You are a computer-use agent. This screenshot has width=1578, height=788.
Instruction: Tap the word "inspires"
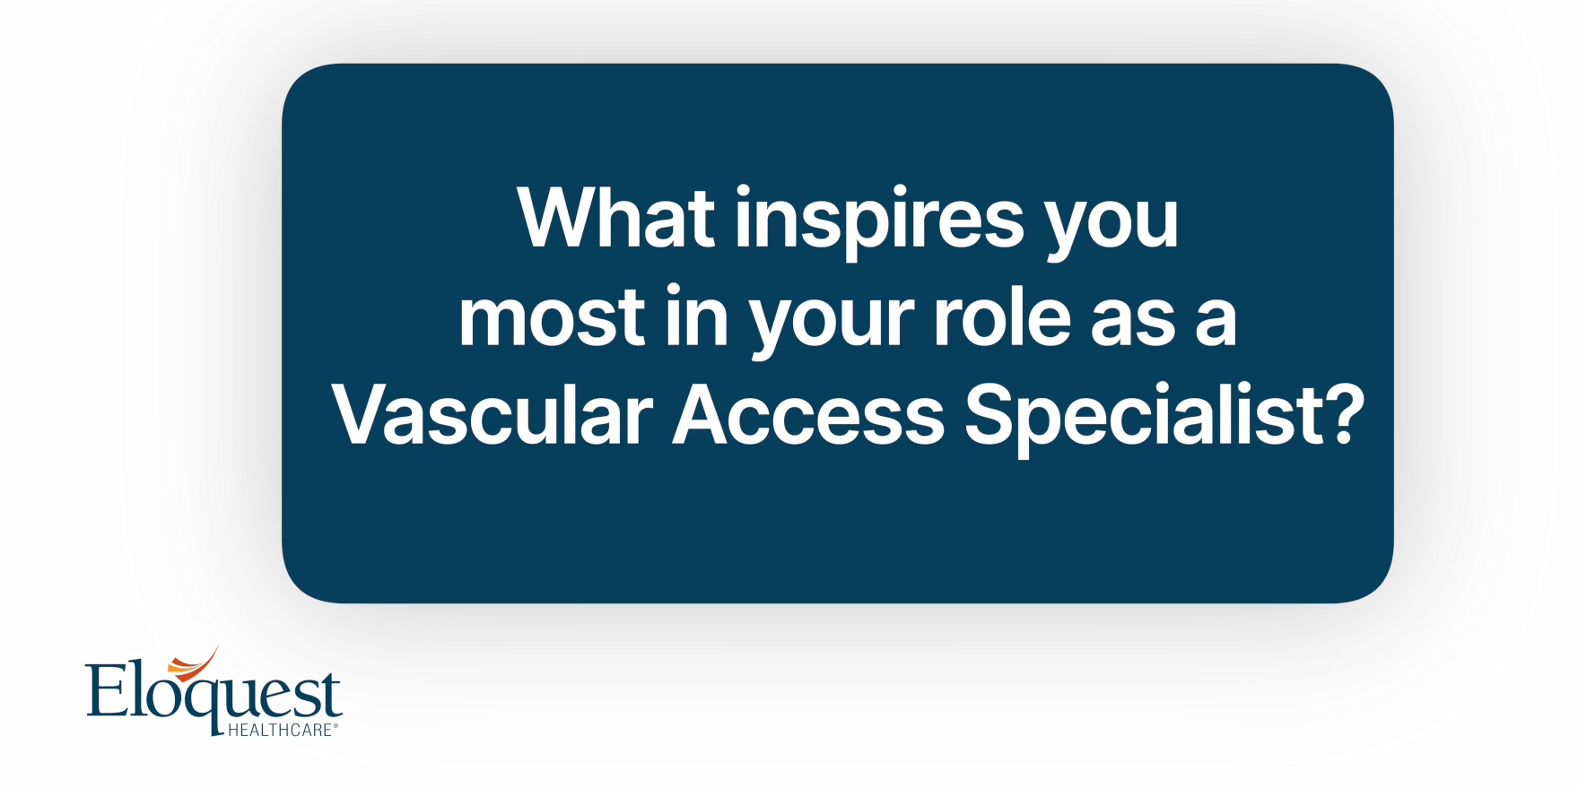click(879, 222)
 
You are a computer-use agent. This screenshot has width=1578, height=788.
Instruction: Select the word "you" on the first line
click(1112, 229)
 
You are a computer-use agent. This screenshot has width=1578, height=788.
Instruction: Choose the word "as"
click(1132, 322)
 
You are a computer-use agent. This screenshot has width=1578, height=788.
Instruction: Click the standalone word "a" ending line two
click(1216, 322)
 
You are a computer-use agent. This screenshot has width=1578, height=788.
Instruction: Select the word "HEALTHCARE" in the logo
click(280, 730)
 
